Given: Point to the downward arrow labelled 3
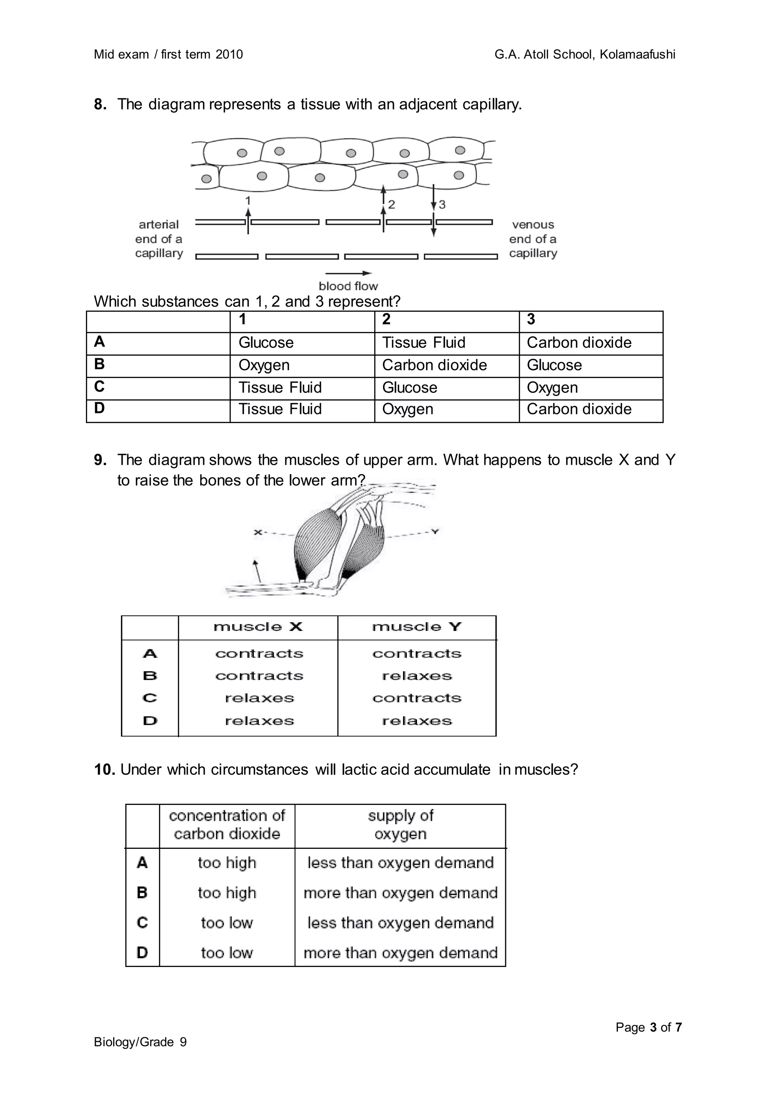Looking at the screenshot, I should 433,210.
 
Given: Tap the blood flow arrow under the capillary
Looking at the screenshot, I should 349,273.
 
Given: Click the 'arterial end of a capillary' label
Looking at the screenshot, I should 159,239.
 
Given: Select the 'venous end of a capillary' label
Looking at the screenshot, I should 533,239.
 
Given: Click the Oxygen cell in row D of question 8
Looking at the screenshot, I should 408,409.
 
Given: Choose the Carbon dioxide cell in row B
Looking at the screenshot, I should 434,365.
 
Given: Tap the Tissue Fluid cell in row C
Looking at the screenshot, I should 280,388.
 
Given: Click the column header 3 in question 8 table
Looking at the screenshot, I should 531,319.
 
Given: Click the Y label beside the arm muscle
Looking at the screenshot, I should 435,531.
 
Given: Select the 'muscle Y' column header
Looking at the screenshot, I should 417,627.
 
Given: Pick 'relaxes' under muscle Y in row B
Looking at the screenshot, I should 417,676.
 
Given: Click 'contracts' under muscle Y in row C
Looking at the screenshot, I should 417,698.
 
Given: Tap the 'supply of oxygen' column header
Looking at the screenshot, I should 400,824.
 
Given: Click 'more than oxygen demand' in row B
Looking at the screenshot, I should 400,893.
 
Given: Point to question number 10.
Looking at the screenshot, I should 104,769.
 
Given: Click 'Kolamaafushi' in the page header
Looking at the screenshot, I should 637,54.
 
